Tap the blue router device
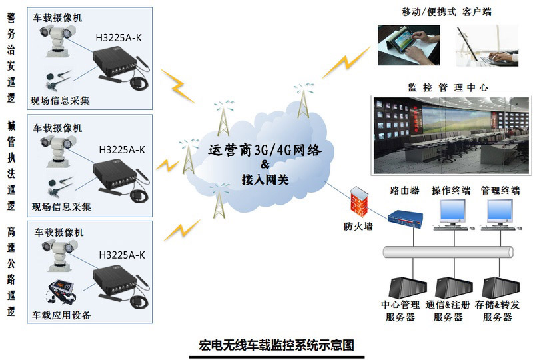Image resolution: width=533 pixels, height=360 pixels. [406, 219]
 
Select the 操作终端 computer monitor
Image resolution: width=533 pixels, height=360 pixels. [452, 211]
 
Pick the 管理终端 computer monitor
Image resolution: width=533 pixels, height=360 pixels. [500, 211]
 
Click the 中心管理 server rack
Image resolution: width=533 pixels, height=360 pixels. [408, 287]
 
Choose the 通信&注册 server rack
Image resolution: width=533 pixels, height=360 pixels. [454, 287]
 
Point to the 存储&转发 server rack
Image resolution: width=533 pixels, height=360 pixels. [501, 287]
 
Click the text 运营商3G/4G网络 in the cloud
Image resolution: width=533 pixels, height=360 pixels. [265, 150]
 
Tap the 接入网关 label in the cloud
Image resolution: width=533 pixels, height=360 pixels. [265, 179]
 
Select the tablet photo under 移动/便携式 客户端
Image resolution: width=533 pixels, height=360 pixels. [409, 45]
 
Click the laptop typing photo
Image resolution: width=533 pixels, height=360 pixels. [487, 45]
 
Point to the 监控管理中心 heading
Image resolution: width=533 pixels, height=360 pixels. [448, 87]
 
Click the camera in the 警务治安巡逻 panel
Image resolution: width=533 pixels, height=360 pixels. [57, 40]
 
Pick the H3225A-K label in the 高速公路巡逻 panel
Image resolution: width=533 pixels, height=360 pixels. [122, 255]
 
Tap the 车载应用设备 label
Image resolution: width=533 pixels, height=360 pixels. [61, 315]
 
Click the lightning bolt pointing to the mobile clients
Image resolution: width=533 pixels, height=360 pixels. [346, 62]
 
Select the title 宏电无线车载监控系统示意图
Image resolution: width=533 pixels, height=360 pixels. [276, 345]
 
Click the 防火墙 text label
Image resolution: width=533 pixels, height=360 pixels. [358, 226]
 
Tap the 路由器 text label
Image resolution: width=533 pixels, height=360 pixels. [404, 190]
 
